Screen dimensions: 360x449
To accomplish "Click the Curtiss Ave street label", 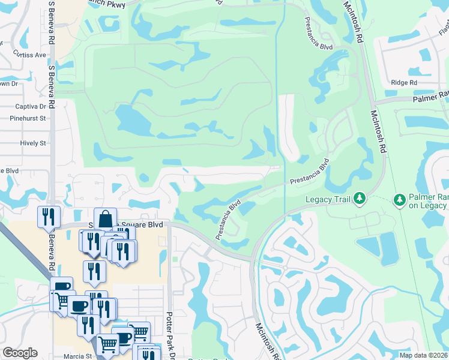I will click(30, 55).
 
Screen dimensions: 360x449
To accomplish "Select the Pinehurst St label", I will click(28, 118).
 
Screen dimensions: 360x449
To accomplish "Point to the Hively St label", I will click(32, 143).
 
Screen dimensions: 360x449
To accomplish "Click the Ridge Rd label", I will click(403, 83).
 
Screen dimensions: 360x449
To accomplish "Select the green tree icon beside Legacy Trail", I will click(359, 197).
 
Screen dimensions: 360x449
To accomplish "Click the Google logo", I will click(20, 353).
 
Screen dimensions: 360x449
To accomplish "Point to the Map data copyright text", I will click(423, 355).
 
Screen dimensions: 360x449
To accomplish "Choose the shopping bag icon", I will click(105, 219).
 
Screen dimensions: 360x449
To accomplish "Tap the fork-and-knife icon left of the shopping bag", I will click(48, 217).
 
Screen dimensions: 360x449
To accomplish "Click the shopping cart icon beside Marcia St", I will click(107, 345).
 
